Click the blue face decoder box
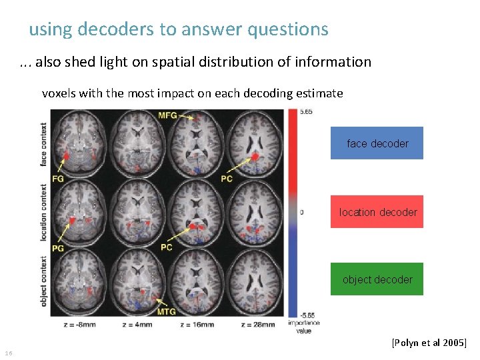(377, 143)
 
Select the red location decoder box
(377, 212)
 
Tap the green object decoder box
(377, 279)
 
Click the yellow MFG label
(168, 116)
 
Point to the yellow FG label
(58, 179)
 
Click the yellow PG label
(58, 247)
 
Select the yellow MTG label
(167, 312)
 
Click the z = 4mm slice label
(138, 325)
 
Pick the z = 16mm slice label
(197, 325)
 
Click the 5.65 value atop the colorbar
(306, 112)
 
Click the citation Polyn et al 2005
(430, 343)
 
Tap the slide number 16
(8, 353)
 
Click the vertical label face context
(44, 145)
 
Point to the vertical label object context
(44, 281)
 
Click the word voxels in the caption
(59, 93)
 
